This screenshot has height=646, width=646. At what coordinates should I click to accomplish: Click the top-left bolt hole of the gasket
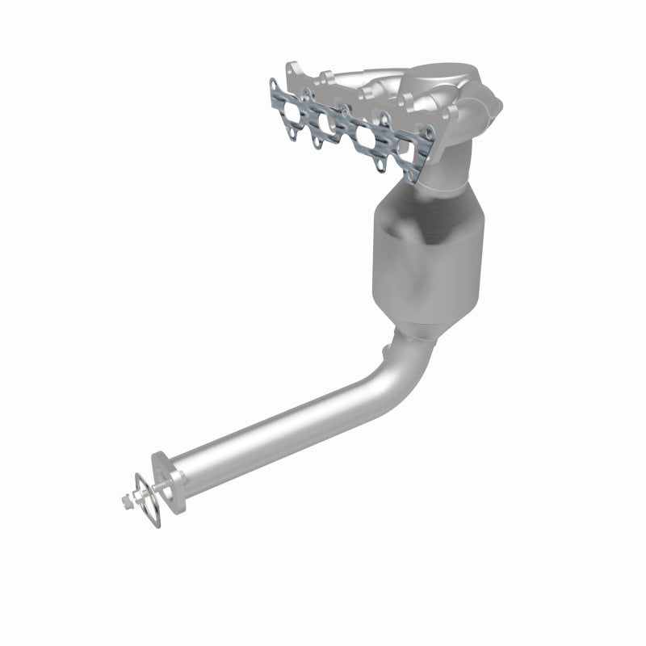point(274,83)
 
